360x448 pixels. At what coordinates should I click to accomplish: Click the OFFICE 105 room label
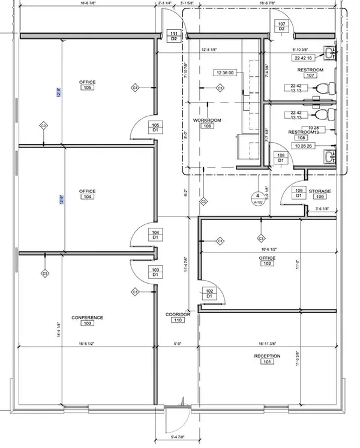point(88,85)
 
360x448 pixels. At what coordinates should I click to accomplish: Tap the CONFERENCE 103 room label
point(88,320)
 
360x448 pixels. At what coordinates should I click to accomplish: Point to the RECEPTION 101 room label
point(267,359)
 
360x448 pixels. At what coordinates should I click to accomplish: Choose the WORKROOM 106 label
point(207,123)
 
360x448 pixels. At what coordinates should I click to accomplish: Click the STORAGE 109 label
point(320,194)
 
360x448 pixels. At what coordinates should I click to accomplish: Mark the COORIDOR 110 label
point(178,317)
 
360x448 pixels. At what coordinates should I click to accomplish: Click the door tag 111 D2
point(174,35)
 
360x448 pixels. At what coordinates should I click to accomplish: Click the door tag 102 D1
point(210,293)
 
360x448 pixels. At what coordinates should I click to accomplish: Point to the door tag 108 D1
point(280,158)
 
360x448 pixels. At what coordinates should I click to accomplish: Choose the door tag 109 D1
point(298,193)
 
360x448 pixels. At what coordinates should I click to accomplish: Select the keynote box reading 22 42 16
point(304,58)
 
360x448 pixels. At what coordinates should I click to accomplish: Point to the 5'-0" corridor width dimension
point(178,344)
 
